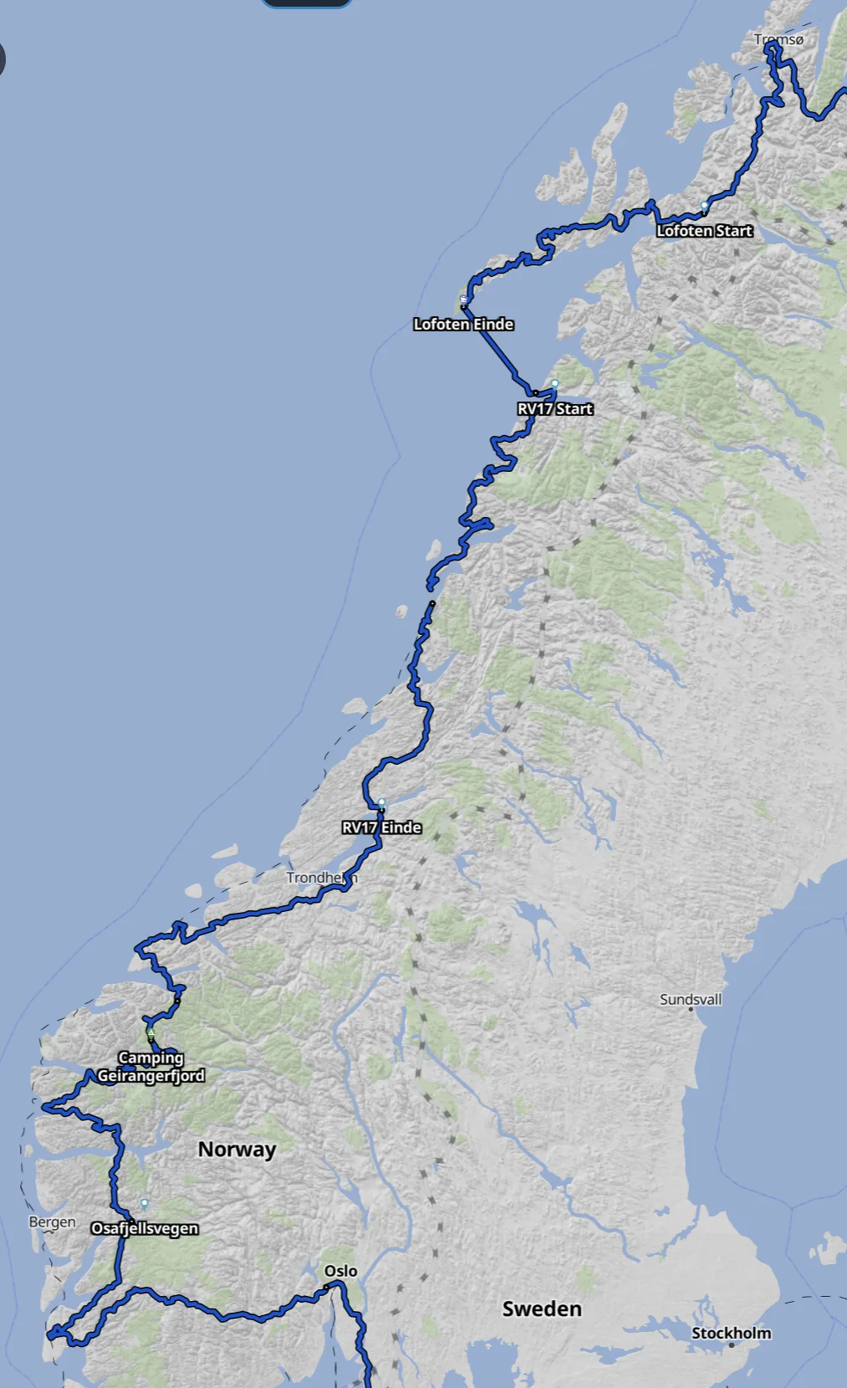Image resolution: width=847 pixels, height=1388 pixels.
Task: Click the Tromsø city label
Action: click(778, 39)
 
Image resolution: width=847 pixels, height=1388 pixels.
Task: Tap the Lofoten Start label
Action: click(704, 231)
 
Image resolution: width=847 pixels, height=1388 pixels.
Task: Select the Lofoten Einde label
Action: click(463, 325)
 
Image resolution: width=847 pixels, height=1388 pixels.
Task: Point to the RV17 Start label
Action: click(555, 409)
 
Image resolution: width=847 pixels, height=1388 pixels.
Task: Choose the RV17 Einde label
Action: click(381, 827)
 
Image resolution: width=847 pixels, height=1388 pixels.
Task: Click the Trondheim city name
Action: click(321, 878)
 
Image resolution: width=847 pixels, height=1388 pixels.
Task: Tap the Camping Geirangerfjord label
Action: click(151, 1067)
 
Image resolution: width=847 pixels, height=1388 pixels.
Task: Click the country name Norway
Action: click(237, 1150)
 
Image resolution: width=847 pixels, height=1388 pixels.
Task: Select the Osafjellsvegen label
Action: click(145, 1228)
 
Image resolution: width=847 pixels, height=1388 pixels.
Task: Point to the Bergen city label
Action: click(52, 1222)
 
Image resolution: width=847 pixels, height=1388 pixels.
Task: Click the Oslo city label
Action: click(340, 1271)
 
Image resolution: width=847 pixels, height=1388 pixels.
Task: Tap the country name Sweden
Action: click(542, 1309)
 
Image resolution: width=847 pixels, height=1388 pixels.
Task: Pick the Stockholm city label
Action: click(731, 1333)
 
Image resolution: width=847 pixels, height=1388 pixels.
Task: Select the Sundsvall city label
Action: click(691, 999)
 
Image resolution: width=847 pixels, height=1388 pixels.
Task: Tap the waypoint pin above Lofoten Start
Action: click(705, 205)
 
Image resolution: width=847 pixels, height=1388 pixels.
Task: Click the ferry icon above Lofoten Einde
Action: click(464, 300)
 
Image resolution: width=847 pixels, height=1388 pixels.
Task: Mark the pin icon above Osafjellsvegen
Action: click(145, 1203)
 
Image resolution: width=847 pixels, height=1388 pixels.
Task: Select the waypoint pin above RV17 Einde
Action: click(382, 803)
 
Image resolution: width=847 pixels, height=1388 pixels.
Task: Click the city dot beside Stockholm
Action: click(731, 1344)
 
